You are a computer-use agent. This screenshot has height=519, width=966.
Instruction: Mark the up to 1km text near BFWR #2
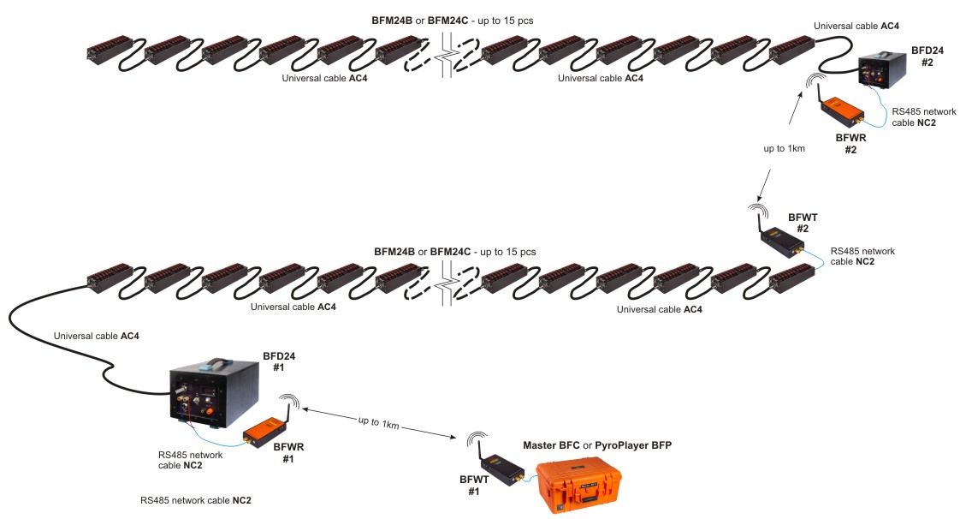pyautogui.click(x=785, y=149)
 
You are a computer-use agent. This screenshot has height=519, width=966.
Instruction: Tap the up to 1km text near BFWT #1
pyautogui.click(x=378, y=422)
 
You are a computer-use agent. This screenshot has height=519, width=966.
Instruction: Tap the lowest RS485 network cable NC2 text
pyautogui.click(x=196, y=499)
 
